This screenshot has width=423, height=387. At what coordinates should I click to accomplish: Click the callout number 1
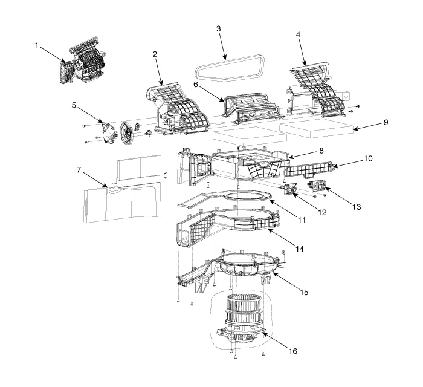[x=37, y=45]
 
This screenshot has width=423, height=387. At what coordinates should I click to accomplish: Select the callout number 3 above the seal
[x=219, y=28]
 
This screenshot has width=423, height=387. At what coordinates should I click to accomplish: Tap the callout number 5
[x=74, y=105]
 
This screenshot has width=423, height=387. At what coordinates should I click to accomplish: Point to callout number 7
[x=79, y=170]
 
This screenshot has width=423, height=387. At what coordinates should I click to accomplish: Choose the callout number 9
[x=386, y=122]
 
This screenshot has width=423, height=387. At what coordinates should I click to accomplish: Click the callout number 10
[x=368, y=158]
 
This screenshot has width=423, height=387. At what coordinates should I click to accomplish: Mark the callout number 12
[x=322, y=212]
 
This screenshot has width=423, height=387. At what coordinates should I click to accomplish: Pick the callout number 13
[x=357, y=207]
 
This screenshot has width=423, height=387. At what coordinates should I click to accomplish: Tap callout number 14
[x=300, y=249]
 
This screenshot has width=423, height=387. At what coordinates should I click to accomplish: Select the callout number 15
[x=304, y=292]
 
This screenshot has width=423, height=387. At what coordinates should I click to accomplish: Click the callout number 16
[x=292, y=351]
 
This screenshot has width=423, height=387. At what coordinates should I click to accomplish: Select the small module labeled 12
[x=289, y=188]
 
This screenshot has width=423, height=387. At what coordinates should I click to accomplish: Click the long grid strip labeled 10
[x=308, y=170]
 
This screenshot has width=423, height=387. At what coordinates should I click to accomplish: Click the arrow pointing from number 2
[x=158, y=72]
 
